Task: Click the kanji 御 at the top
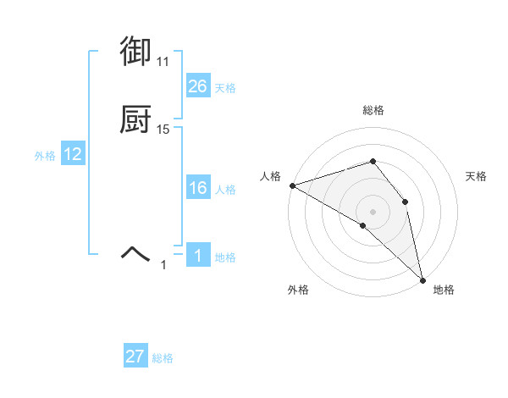coord(135,53)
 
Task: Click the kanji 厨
coord(135,121)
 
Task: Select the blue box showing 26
coord(198,86)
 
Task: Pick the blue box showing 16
coord(198,188)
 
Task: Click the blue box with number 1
coord(198,256)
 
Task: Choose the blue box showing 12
coord(73,154)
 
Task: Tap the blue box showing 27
coord(135,357)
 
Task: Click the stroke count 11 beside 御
coord(163,62)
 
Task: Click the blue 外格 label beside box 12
coord(44,155)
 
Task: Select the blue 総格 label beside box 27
coord(163,358)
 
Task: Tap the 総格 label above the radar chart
coord(373,110)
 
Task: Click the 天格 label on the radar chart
coord(476,176)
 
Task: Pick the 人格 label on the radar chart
coord(269,176)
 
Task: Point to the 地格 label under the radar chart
coord(444,290)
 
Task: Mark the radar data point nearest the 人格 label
coord(292,185)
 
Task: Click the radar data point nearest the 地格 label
coord(422,279)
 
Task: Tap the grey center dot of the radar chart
coord(373,211)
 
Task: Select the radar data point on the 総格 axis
coord(373,161)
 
